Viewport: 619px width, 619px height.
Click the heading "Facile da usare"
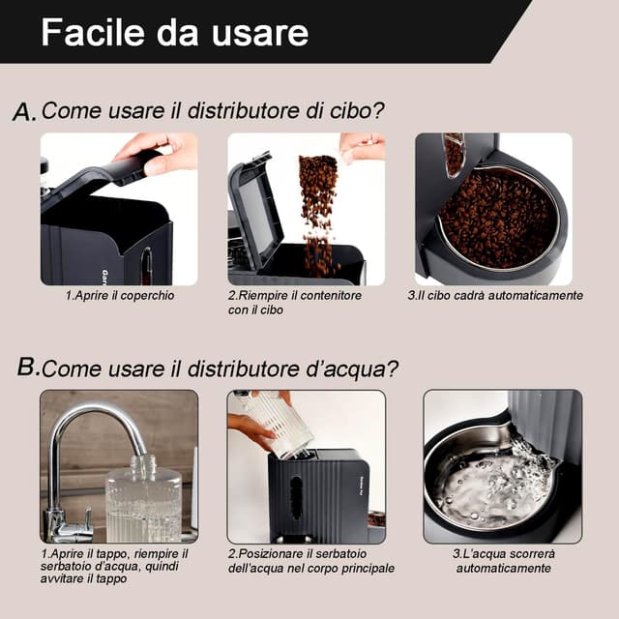tap(174, 32)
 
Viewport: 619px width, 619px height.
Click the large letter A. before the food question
tap(24, 112)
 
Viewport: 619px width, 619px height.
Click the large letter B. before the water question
tap(28, 368)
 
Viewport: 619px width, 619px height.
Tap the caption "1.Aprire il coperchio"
tap(120, 296)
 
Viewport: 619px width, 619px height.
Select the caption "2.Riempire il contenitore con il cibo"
tap(295, 303)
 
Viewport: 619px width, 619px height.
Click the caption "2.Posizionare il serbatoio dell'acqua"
tap(310, 561)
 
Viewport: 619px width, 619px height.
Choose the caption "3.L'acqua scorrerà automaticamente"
tap(502, 561)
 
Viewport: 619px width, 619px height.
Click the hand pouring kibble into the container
tap(363, 146)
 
